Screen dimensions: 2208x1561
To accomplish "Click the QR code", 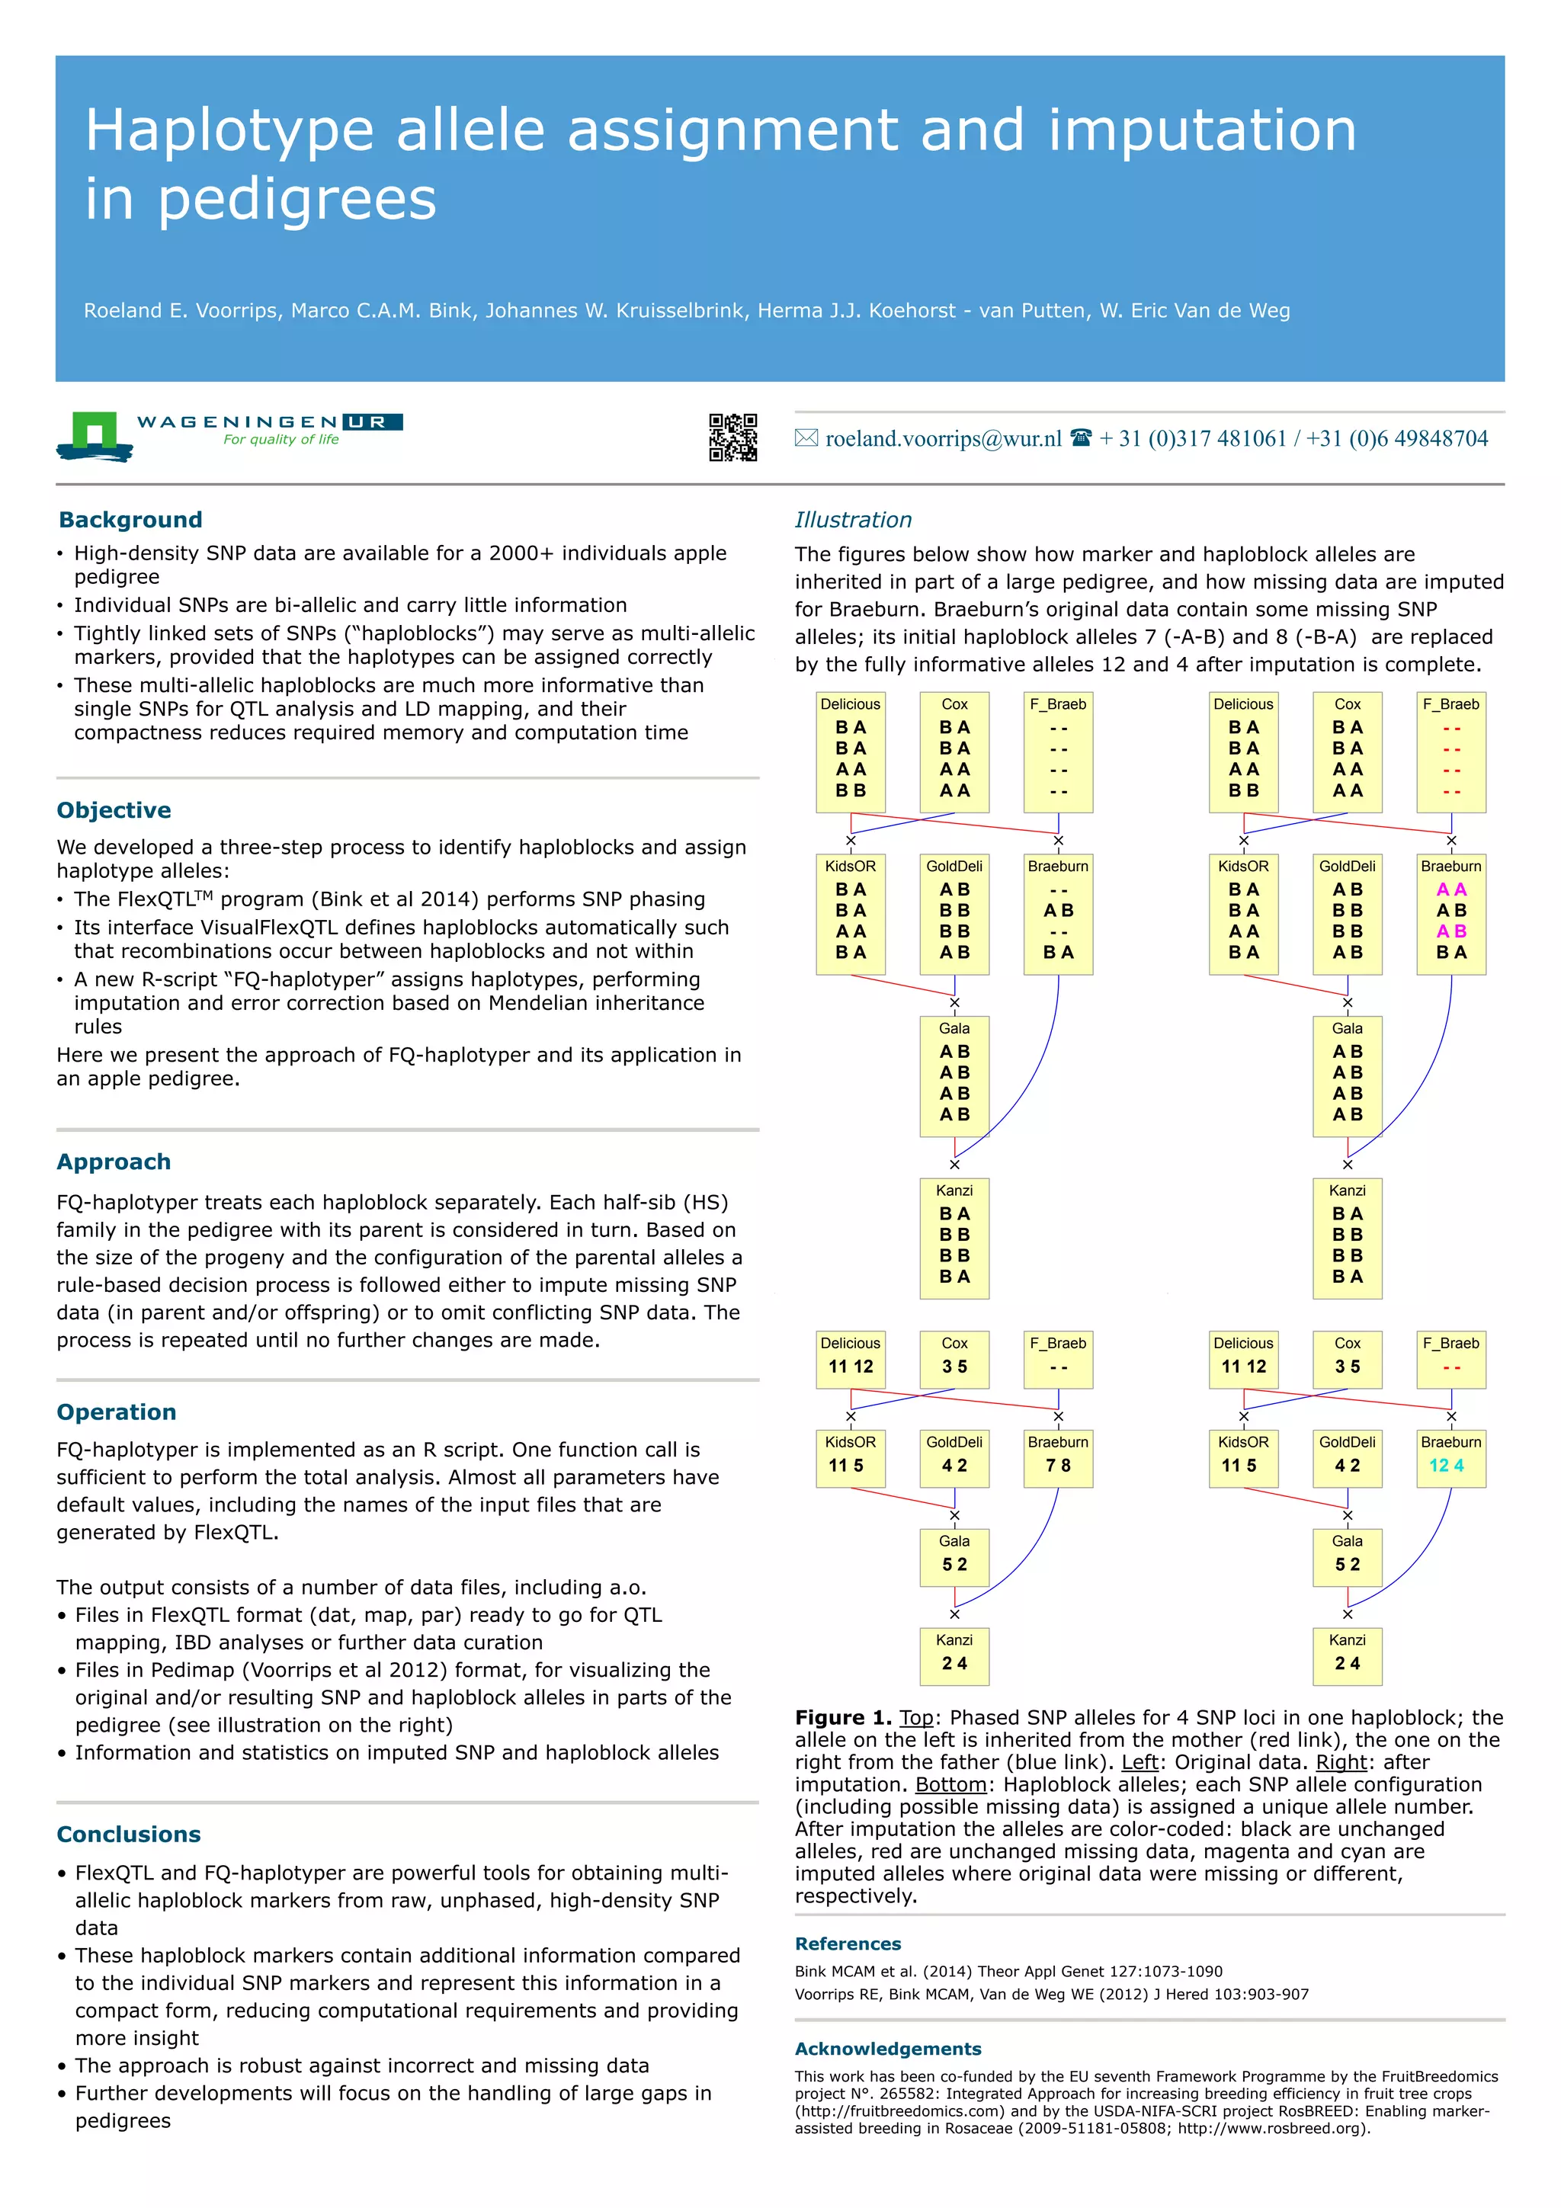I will point(733,437).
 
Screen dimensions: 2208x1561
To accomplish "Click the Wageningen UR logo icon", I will point(95,437).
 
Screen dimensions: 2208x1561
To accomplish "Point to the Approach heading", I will point(114,1162).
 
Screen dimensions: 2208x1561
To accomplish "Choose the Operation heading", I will point(117,1412).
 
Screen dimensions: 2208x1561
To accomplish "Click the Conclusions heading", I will point(128,1834).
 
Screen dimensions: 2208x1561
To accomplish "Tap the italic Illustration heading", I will point(852,521).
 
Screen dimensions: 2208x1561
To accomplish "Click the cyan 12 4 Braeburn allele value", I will point(1446,1466).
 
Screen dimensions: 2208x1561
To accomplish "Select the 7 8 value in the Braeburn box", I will point(1058,1466).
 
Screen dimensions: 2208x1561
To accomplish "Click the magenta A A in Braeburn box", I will point(1450,889).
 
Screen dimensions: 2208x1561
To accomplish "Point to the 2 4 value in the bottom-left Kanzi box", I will point(954,1663).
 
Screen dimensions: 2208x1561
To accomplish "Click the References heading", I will point(848,1944).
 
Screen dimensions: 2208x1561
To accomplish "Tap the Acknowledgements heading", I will point(888,2049).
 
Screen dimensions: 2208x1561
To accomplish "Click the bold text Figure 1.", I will point(842,1718).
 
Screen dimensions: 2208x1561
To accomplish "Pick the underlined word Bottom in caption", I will point(950,1784).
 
